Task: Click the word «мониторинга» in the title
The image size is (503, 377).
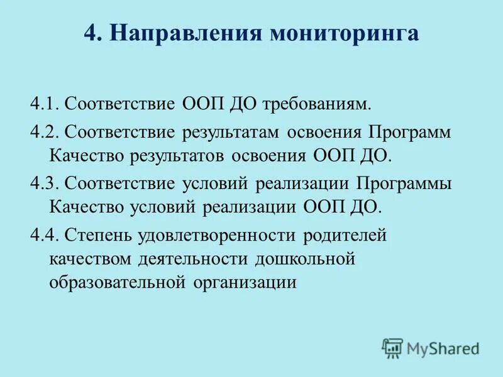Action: tap(345, 33)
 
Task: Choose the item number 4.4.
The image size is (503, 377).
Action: tap(44, 236)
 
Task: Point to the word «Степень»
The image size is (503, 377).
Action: tap(96, 236)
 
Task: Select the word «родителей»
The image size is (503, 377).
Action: tap(345, 236)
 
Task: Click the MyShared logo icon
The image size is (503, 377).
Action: tap(392, 347)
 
